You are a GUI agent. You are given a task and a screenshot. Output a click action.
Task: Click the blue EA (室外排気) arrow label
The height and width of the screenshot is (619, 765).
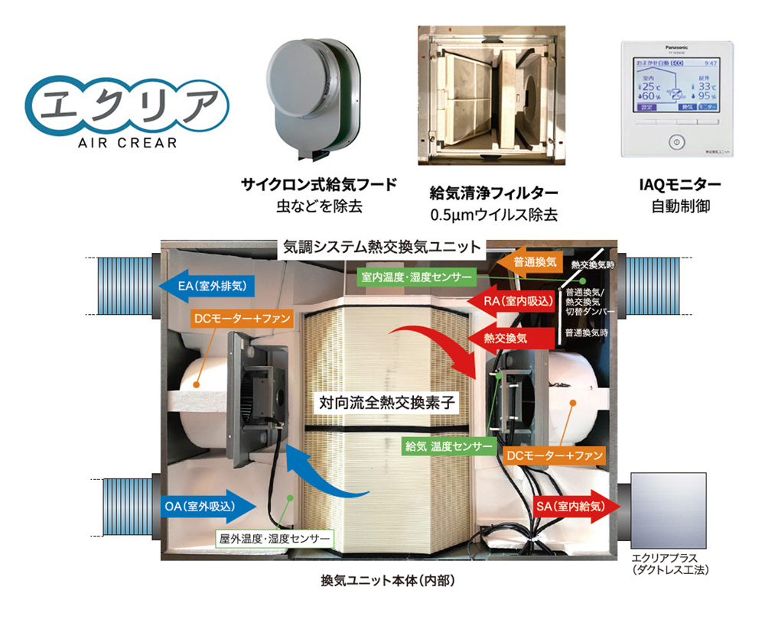(205, 287)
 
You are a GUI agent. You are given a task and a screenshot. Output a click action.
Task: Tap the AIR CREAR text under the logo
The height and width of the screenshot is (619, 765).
(127, 142)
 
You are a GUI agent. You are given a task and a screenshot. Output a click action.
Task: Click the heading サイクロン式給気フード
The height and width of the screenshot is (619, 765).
(319, 184)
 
